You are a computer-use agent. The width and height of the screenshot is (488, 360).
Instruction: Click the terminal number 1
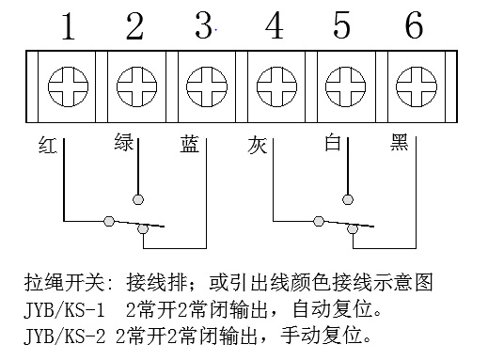69,26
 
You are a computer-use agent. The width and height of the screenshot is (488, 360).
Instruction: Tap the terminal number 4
275,25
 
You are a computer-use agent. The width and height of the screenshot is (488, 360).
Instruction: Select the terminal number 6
414,25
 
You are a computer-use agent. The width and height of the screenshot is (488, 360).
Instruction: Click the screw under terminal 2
137,86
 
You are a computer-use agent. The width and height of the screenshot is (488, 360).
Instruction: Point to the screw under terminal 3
207,86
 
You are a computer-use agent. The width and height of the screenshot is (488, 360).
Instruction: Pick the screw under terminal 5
346,86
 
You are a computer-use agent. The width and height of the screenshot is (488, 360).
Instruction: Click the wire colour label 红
48,145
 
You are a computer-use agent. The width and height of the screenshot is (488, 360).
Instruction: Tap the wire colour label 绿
124,142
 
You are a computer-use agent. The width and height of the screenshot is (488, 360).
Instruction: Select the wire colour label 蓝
189,144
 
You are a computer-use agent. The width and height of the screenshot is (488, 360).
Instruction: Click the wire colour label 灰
257,145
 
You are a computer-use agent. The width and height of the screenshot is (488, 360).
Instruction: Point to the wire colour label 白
333,142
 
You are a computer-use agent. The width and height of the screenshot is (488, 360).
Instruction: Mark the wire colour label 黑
399,142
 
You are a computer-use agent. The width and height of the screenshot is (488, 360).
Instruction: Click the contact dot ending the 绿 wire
138,199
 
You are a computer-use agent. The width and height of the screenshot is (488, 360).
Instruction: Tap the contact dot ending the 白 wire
347,199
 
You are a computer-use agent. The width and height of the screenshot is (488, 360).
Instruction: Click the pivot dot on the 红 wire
109,221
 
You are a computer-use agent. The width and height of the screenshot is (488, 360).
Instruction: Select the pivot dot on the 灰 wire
319,221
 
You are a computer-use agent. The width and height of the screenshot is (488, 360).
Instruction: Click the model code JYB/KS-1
64,310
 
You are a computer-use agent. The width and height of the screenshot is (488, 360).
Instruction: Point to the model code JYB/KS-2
65,336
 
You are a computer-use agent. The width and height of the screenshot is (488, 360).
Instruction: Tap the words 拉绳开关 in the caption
64,283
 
